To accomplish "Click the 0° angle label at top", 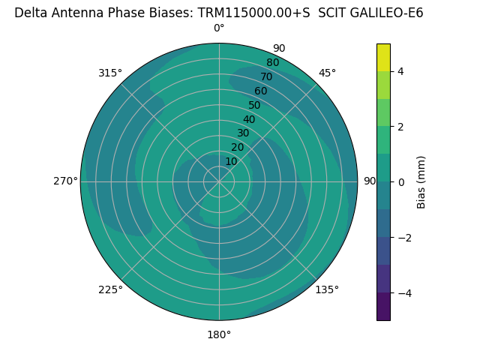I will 219,28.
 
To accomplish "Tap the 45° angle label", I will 328,73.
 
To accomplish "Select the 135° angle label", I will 327,289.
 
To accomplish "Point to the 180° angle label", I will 219,334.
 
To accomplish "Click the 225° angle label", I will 110,289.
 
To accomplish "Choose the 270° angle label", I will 66,181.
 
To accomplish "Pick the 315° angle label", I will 110,73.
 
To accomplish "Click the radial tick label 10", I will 231,161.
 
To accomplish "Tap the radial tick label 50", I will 254,105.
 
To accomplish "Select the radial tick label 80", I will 272,62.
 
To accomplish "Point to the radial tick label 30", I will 243,133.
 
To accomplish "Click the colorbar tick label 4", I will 400,71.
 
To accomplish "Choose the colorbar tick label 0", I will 400,181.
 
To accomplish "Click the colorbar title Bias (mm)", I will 421,182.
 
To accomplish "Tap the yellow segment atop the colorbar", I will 383,58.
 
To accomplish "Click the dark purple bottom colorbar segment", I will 383,306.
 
